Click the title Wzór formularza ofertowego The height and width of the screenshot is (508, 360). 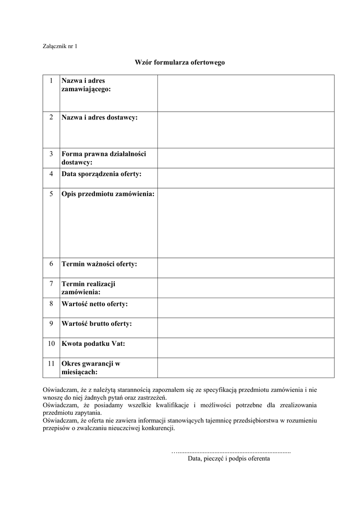pyautogui.click(x=180, y=63)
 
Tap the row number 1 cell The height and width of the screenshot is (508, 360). pyautogui.click(x=51, y=80)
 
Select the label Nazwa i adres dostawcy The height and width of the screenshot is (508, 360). pyautogui.click(x=100, y=118)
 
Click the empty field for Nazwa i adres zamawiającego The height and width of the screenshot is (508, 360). pyautogui.click(x=246, y=93)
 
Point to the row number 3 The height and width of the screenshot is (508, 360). pyautogui.click(x=51, y=154)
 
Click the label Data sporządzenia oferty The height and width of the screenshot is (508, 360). pyautogui.click(x=101, y=174)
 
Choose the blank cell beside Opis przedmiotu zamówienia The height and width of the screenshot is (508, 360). pyautogui.click(x=246, y=223)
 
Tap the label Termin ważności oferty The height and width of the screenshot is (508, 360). pyautogui.click(x=99, y=264)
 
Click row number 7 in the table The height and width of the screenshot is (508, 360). pyautogui.click(x=51, y=284)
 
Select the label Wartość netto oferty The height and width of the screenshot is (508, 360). pyautogui.click(x=94, y=304)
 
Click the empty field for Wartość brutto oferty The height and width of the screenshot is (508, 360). pyautogui.click(x=246, y=327)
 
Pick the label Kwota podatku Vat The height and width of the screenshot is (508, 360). pyautogui.click(x=93, y=343)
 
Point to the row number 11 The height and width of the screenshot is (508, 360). pyautogui.click(x=51, y=364)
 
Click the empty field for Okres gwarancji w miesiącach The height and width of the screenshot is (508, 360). pyautogui.click(x=246, y=368)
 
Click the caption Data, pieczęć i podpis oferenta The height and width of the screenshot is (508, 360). pyautogui.click(x=229, y=459)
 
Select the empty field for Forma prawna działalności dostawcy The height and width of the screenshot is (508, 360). pyautogui.click(x=246, y=158)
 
